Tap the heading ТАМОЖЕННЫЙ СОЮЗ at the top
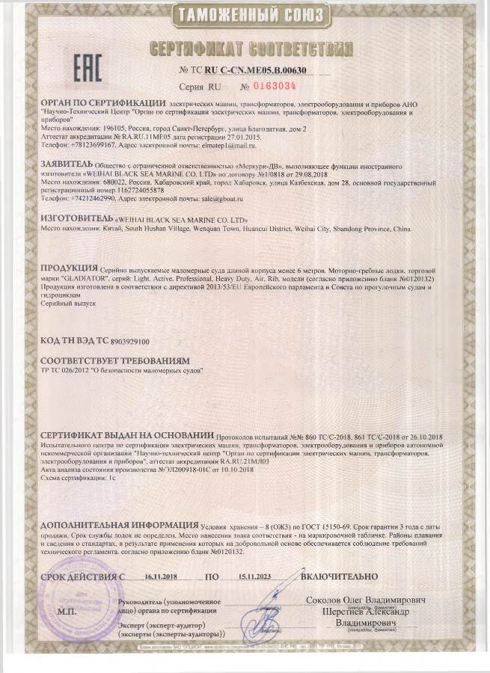[x=245, y=15]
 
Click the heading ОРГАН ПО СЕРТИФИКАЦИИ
[x=103, y=101]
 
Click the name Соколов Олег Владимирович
[x=366, y=600]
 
